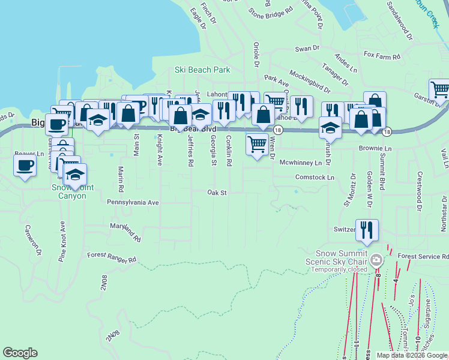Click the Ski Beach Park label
click(x=202, y=70)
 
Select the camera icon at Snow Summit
click(x=376, y=260)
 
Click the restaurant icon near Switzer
click(x=367, y=229)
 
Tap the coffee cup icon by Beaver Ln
click(x=25, y=164)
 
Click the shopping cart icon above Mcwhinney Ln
click(x=257, y=144)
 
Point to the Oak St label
click(x=217, y=193)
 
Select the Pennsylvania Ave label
click(x=133, y=203)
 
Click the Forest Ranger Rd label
click(x=112, y=257)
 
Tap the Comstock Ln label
click(x=315, y=178)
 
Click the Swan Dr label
click(x=306, y=49)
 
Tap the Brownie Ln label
click(x=375, y=148)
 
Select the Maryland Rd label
click(x=125, y=232)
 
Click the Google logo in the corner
click(x=20, y=353)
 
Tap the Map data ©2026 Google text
click(x=412, y=355)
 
